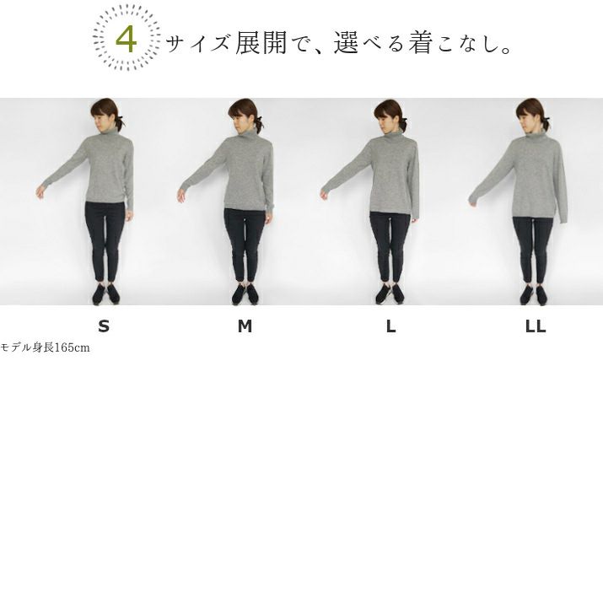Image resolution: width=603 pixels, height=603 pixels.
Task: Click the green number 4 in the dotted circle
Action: click(x=127, y=40)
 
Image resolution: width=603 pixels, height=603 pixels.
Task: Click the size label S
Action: click(x=104, y=326)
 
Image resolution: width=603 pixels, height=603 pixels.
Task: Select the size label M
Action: click(x=245, y=326)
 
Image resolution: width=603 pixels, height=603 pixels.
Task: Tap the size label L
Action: click(x=390, y=326)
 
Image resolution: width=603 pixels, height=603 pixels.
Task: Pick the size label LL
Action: click(x=536, y=326)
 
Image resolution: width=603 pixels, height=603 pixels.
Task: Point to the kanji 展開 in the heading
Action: click(x=261, y=42)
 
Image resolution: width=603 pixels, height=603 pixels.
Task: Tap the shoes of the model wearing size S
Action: click(x=105, y=294)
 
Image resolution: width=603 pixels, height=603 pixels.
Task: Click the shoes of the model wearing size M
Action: click(x=245, y=294)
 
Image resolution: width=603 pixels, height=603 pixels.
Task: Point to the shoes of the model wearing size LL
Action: click(x=533, y=294)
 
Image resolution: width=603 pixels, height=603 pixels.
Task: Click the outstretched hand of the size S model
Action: click(x=40, y=191)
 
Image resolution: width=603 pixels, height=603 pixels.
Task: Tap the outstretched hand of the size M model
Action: click(x=181, y=195)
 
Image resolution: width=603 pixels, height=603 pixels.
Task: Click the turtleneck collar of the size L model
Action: click(x=394, y=135)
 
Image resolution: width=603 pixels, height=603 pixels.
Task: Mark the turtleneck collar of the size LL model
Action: click(x=537, y=134)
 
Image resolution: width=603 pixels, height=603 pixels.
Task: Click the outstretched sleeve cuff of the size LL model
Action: click(x=474, y=200)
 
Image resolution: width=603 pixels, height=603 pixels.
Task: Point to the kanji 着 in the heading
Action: click(x=421, y=42)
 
